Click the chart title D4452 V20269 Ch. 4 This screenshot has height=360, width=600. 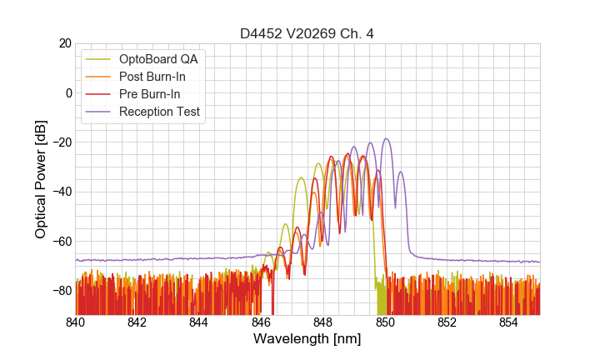click(x=307, y=33)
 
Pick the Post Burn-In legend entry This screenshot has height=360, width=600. click(x=163, y=77)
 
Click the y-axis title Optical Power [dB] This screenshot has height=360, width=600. click(x=41, y=179)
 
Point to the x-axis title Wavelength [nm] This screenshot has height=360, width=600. click(x=307, y=339)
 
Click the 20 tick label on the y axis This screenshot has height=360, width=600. click(x=62, y=43)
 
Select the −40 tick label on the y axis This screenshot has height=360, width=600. click(x=58, y=192)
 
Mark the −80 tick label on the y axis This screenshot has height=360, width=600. click(x=58, y=291)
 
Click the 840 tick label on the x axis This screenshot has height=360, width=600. click(x=76, y=322)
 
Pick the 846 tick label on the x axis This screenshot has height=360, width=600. click(x=262, y=322)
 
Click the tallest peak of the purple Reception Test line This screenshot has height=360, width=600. click(x=386, y=139)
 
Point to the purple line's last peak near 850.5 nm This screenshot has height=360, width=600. click(x=401, y=172)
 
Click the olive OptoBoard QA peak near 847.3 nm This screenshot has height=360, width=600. click(x=301, y=177)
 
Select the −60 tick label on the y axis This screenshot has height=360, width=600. click(x=58, y=242)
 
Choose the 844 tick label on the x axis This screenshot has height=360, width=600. click(x=199, y=322)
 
